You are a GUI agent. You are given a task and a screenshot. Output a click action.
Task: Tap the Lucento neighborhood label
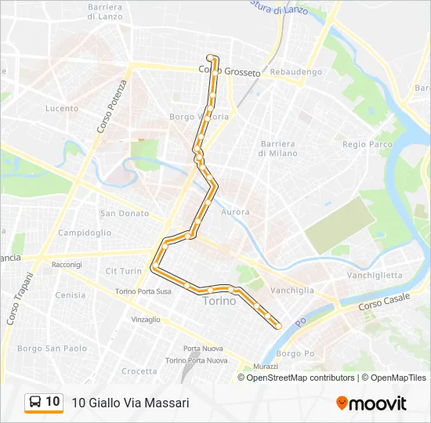click(x=61, y=108)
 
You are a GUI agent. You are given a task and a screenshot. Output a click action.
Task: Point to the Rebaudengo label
click(x=295, y=72)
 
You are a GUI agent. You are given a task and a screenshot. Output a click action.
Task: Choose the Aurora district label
click(x=235, y=211)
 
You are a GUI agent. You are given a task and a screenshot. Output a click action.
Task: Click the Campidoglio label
click(x=85, y=233)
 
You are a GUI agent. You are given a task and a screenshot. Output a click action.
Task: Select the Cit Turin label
click(x=123, y=270)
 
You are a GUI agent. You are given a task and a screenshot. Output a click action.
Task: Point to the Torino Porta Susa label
click(x=143, y=291)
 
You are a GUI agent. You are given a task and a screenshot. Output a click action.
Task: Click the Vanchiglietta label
click(x=375, y=275)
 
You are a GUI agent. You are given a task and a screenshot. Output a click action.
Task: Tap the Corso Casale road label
click(x=385, y=300)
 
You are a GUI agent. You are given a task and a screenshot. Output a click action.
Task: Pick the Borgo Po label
click(x=295, y=353)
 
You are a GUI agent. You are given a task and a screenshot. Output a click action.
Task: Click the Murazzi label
click(x=265, y=366)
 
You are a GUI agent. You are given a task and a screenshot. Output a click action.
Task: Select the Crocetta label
click(x=139, y=371)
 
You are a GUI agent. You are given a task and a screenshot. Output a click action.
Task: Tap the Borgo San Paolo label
click(x=53, y=348)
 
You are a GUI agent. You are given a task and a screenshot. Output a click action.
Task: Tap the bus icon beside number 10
click(x=35, y=402)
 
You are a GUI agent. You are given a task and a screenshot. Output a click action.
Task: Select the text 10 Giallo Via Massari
click(x=130, y=403)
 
